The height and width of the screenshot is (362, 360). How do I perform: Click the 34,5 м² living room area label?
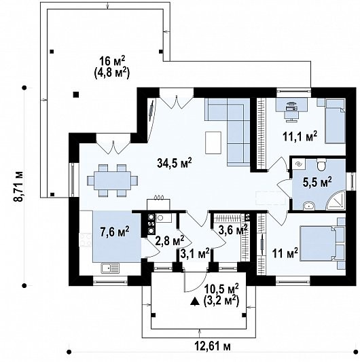coord(175,162)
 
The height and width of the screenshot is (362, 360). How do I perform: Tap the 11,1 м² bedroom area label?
coord(300,137)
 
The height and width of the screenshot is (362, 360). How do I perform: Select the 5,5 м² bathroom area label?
coord(317,182)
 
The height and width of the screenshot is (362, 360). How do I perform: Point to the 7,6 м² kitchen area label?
coord(115,232)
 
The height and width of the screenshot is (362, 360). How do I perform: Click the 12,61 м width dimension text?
coord(213,346)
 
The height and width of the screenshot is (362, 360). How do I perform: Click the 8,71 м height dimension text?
coord(18,187)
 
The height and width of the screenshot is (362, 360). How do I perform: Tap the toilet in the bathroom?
coord(321,164)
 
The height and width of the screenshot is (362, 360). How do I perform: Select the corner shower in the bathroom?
coord(336,200)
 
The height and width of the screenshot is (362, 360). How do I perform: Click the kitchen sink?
coord(110,268)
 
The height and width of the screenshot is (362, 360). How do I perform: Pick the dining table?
coord(113,180)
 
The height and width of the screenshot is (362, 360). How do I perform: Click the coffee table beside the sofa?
coord(213,143)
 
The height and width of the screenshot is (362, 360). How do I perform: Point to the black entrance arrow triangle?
coord(195,302)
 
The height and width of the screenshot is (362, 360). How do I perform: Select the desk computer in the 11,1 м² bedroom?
coord(291,107)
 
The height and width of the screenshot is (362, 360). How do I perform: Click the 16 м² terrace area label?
coord(112,61)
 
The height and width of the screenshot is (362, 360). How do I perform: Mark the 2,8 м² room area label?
coord(170,240)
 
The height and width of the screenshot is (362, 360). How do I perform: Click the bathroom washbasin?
coord(308,205)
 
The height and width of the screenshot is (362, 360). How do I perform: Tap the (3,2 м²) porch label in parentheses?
coord(221,301)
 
